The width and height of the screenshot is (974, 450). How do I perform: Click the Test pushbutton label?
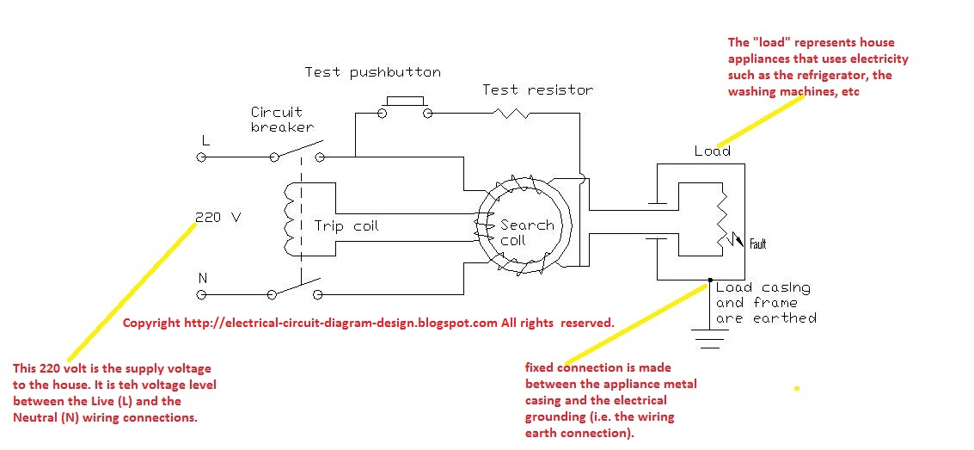(x=372, y=72)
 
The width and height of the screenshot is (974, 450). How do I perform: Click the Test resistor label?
(x=537, y=89)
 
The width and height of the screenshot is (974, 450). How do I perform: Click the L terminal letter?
(x=205, y=139)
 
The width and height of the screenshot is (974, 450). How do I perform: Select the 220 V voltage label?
(x=218, y=218)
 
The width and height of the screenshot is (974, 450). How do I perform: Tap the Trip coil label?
(x=346, y=226)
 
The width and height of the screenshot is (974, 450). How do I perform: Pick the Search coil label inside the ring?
(x=526, y=232)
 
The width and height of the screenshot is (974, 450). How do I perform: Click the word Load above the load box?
(x=712, y=151)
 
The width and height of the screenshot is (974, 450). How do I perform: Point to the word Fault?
(x=757, y=244)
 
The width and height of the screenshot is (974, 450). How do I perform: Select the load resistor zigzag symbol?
(x=722, y=218)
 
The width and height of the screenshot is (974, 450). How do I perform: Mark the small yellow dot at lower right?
(x=797, y=389)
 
